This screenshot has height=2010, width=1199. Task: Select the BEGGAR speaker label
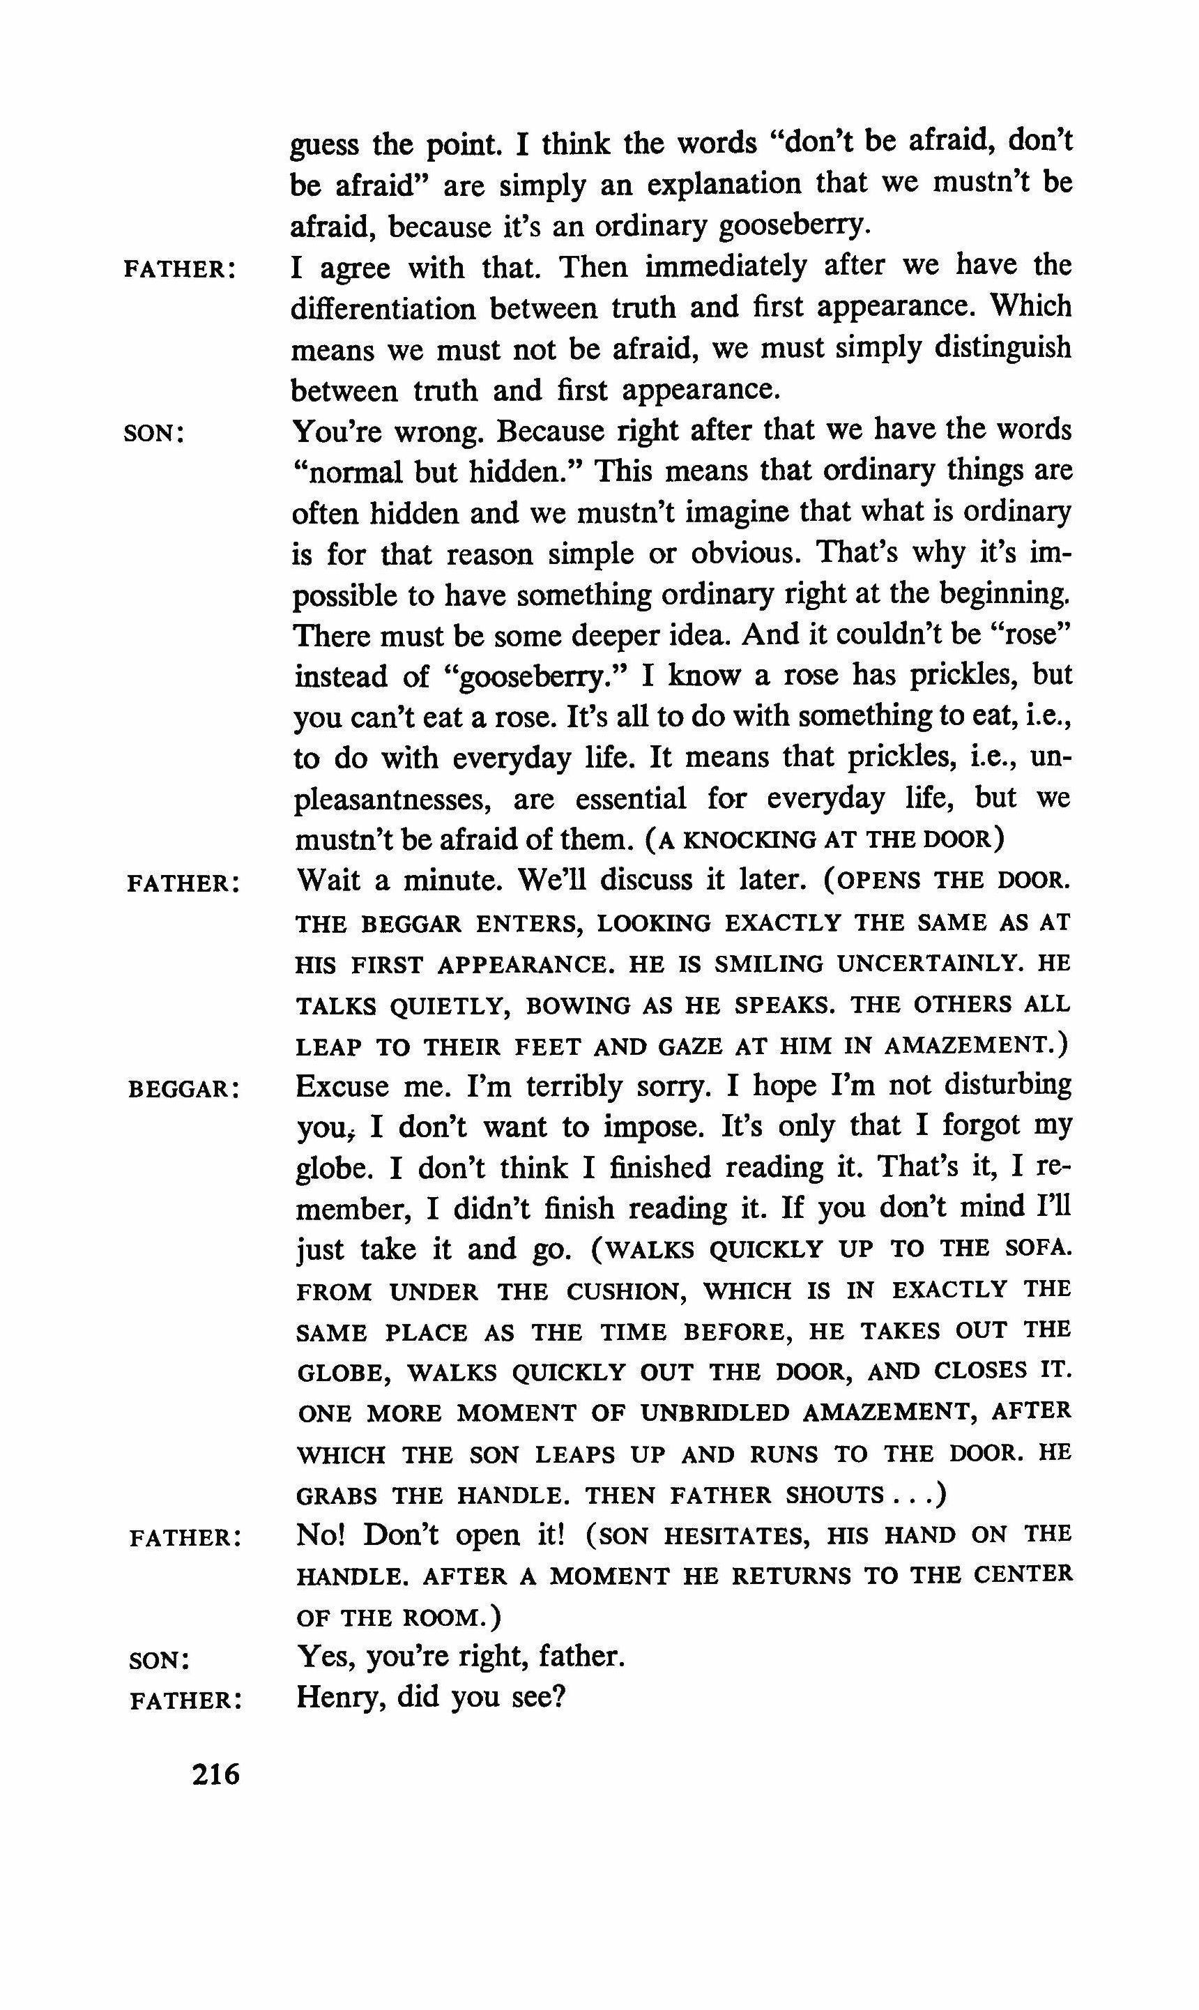[183, 1090]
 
